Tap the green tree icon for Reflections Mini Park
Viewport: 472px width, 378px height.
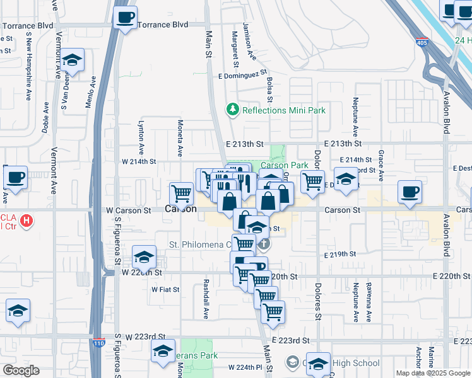point(233,110)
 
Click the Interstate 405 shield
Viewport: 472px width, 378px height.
point(421,43)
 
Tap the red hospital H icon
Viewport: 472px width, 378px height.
point(27,221)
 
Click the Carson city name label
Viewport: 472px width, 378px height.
point(179,209)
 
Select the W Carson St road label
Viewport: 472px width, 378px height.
point(129,210)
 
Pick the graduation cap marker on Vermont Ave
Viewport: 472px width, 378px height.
point(73,61)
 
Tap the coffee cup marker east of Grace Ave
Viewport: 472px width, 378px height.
point(410,192)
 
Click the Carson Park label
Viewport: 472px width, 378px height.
point(286,165)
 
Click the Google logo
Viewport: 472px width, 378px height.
point(21,370)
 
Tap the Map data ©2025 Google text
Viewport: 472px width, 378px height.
point(433,373)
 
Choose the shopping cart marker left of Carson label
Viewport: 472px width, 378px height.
point(182,192)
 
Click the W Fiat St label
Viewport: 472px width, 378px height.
point(165,290)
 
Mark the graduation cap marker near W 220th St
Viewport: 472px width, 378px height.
point(145,256)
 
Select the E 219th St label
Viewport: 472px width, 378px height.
point(340,255)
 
